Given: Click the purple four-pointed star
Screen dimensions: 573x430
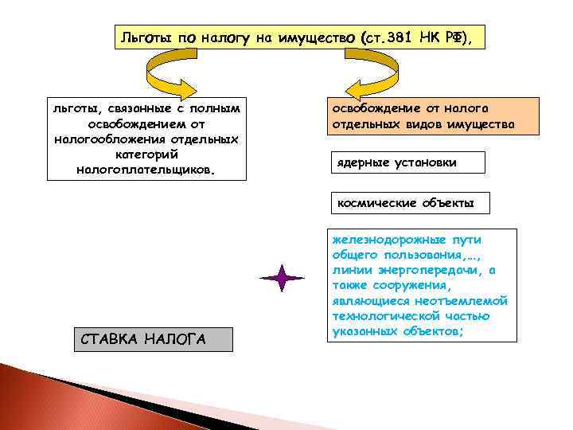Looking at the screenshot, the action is pos(283,278).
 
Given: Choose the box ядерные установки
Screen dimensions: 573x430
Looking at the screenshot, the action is pos(396,162).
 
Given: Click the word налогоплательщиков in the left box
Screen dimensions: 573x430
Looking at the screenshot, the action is pos(146,170).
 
